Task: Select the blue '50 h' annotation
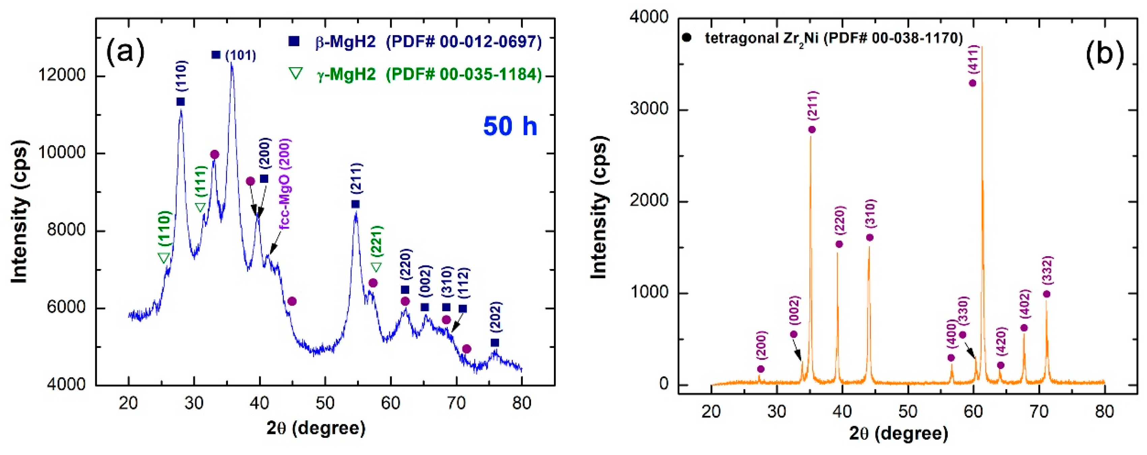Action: pos(510,126)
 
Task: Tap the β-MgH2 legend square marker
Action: pos(294,42)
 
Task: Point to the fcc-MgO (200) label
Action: pos(285,184)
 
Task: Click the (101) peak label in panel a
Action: pos(240,56)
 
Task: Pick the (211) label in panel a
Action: pos(357,178)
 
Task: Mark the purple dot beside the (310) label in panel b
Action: pos(870,238)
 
